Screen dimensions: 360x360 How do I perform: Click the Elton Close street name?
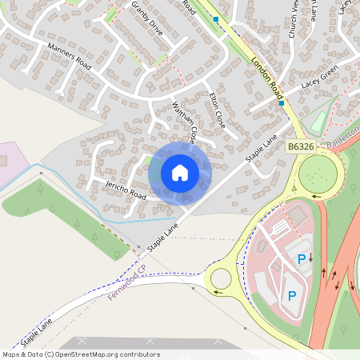tap(217, 110)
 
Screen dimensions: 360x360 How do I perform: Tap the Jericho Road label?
tap(126, 190)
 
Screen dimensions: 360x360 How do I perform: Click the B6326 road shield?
tap(298, 146)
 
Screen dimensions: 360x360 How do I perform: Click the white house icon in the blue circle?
tap(180, 172)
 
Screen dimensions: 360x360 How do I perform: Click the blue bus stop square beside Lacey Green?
tap(282, 102)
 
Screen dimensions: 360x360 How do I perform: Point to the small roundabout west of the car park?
tap(219, 278)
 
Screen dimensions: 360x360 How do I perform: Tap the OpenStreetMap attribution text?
tap(80, 354)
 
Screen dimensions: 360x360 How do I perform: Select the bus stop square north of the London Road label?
tap(215, 18)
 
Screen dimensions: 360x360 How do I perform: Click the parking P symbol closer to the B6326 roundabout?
tap(302, 259)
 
